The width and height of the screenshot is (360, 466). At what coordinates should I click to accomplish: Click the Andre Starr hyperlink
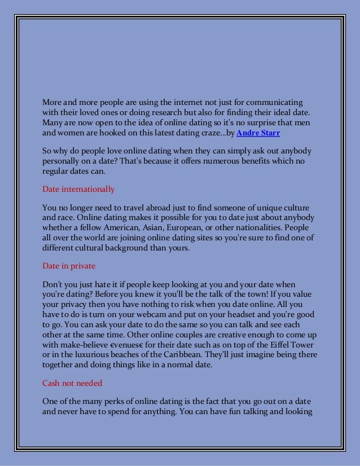pyautogui.click(x=258, y=133)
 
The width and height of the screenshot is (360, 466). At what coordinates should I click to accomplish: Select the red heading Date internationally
pyautogui.click(x=78, y=189)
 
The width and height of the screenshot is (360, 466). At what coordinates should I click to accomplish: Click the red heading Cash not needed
pyautogui.click(x=72, y=383)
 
